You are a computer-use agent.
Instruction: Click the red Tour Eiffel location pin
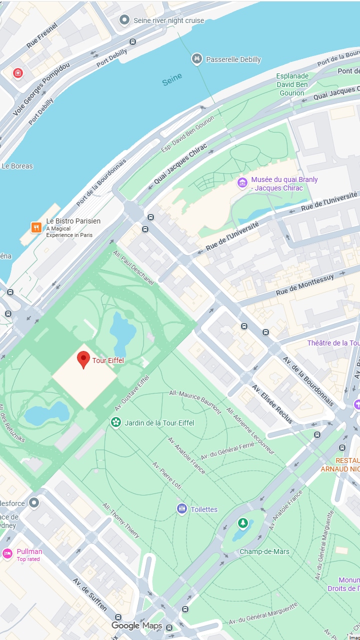click(83, 359)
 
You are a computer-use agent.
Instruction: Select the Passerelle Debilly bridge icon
click(197, 59)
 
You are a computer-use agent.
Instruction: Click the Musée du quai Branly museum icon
click(242, 183)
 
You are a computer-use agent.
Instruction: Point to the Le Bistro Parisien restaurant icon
click(36, 227)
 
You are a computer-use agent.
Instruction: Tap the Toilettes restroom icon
click(182, 509)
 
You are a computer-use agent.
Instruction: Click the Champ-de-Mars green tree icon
click(242, 523)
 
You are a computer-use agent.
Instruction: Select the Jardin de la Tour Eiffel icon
click(116, 422)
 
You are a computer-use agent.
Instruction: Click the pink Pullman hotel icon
click(7, 553)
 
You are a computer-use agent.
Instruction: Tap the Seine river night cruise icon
click(124, 20)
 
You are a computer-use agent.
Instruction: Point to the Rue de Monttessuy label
click(304, 284)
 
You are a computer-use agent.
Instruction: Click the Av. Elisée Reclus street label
click(272, 404)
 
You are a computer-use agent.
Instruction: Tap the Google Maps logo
click(137, 625)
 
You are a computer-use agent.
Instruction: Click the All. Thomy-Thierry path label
click(121, 520)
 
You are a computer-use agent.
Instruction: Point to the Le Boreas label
click(17, 166)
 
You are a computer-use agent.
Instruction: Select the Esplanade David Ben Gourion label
click(292, 84)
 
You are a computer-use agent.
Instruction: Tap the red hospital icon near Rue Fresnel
click(18, 73)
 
